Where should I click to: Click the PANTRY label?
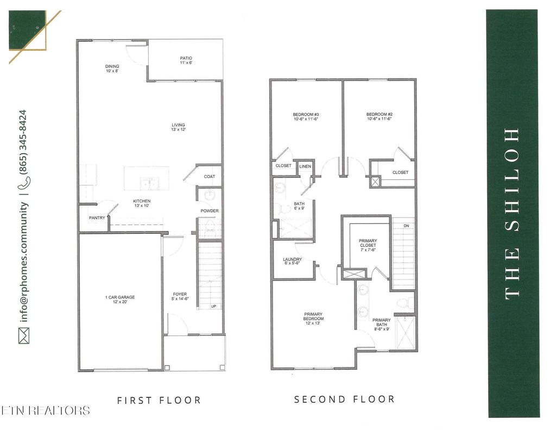(x=97, y=218)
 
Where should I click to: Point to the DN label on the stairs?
(x=405, y=226)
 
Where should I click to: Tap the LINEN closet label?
(x=305, y=166)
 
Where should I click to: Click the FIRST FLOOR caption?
(x=159, y=400)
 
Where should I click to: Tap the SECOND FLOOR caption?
(x=344, y=399)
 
